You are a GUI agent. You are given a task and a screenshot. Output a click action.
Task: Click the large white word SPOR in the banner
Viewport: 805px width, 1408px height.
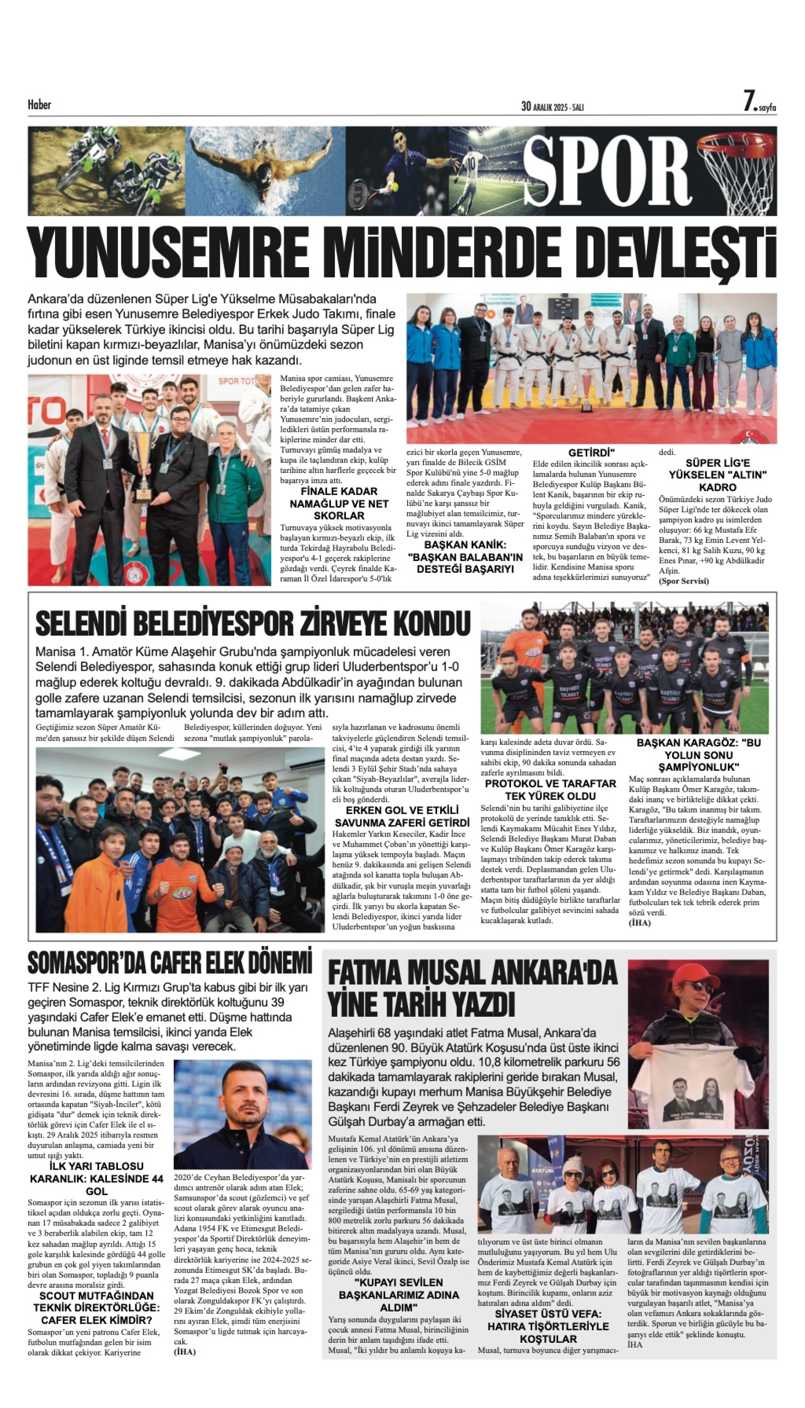pos(607,171)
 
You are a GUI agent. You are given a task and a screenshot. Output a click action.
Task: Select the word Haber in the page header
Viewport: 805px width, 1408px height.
pos(39,105)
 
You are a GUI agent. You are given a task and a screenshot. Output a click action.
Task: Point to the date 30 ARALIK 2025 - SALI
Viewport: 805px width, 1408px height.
pos(552,107)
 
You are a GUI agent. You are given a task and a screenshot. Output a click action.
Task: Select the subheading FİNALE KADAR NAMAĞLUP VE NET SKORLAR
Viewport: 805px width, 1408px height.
pos(339,503)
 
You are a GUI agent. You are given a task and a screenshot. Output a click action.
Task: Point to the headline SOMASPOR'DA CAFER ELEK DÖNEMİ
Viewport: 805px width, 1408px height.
pos(170,964)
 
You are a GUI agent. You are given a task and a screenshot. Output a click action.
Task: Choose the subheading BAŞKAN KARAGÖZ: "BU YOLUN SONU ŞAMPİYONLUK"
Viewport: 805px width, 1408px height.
pos(698,755)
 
